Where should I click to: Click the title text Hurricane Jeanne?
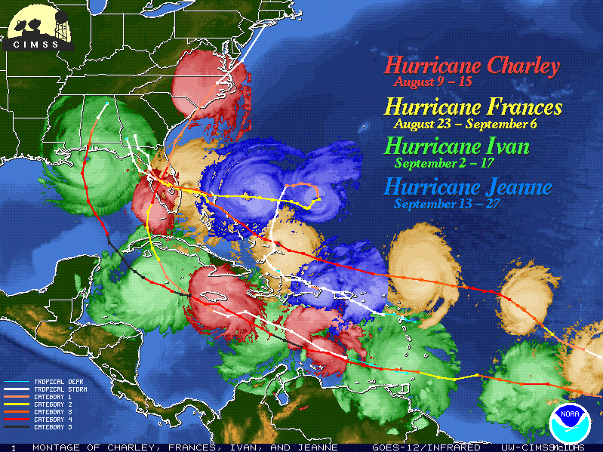(x=468, y=186)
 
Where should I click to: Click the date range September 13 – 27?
(x=448, y=204)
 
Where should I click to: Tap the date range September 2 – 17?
(x=442, y=161)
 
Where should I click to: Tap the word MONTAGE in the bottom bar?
(x=55, y=447)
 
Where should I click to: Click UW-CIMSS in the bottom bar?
(x=529, y=447)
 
